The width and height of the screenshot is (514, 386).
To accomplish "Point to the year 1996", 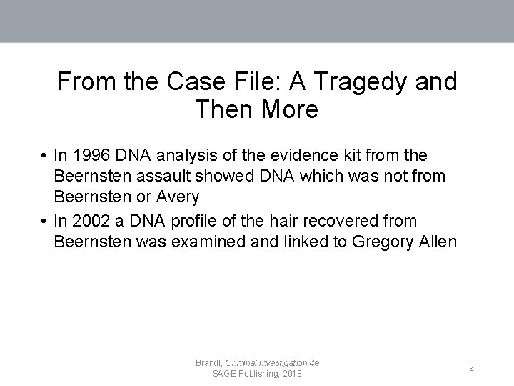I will (89, 155).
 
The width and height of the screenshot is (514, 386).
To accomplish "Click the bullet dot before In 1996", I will (44, 156).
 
